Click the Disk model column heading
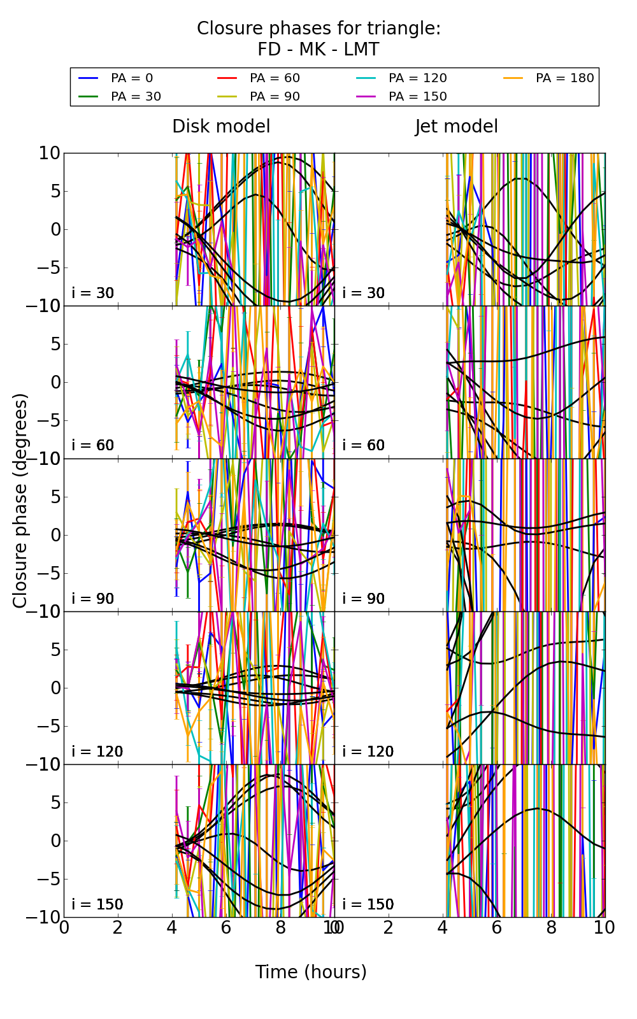coord(221,127)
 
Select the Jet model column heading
coord(456,127)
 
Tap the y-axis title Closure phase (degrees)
coord(20,500)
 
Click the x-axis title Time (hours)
coord(311,973)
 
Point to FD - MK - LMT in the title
coord(318,50)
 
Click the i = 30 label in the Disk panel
coord(93,294)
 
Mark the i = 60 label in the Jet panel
coord(364,446)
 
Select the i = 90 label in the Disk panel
coord(93,599)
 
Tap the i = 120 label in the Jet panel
coord(368,752)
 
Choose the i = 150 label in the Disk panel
coord(97,905)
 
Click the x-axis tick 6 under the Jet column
coord(497,928)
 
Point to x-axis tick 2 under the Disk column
coord(118,928)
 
